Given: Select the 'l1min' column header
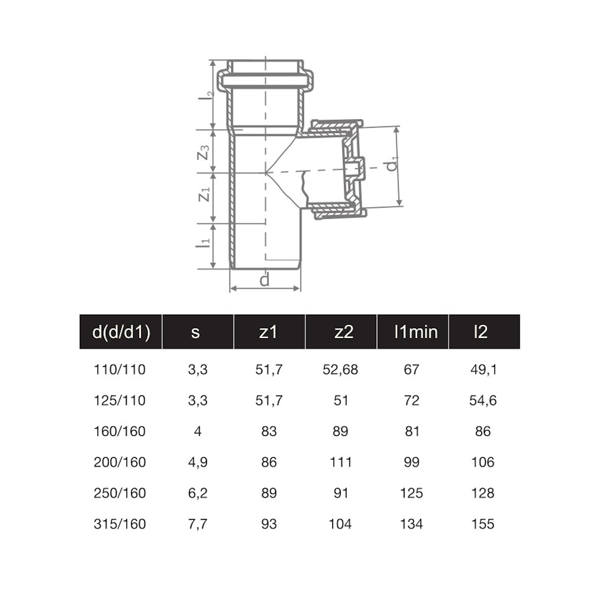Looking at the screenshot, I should pos(412,331).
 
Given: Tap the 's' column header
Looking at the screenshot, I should pos(195,331).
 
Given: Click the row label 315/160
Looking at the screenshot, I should pos(120,524).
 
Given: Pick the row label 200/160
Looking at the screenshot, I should pos(120,462).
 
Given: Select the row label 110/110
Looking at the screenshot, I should pos(120,369).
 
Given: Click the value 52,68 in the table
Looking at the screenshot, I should pos(340,369).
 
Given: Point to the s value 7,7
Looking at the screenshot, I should pos(198,524).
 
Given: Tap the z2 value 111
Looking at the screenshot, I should pos(340,462).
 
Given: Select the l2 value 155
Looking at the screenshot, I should pos(483,524).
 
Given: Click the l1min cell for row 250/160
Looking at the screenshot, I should pos(412,493).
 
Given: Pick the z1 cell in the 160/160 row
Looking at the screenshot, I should pos(269,431).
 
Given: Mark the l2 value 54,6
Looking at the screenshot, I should pos(483,401).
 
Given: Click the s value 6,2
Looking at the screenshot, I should pos(198,493).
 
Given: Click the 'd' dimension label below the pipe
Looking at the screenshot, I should pos(265,280).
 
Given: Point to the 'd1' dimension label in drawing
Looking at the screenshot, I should pos(393,164).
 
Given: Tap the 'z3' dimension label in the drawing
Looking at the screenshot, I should pos(204,152).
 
